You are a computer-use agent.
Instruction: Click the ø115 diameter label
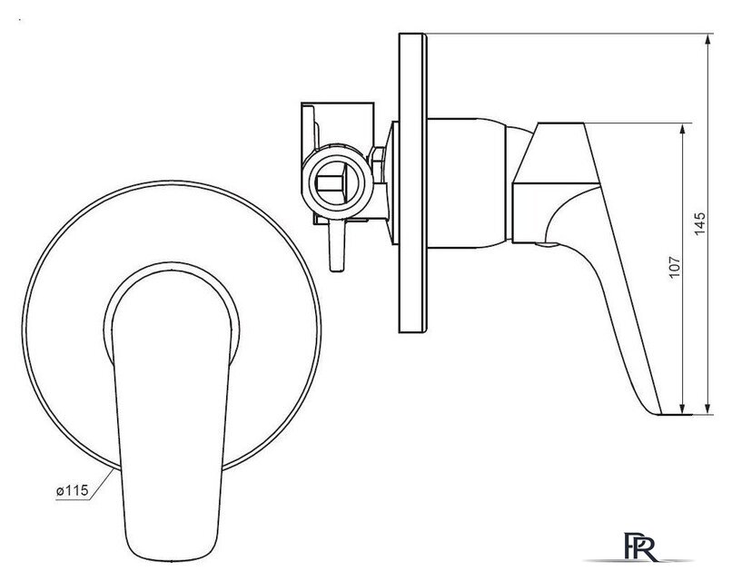pos(72,490)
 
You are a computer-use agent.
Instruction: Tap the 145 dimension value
pos(700,223)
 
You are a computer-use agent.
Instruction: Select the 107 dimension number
pos(675,267)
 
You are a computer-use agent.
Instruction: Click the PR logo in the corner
pos(641,547)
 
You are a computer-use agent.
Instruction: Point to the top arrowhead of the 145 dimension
pos(708,39)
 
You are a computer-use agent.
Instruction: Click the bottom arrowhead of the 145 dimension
pos(708,409)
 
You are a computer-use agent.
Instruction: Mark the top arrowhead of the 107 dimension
pos(683,129)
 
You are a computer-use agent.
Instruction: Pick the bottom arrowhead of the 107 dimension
pos(683,409)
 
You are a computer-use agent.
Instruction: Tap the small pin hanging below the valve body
pos(337,246)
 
